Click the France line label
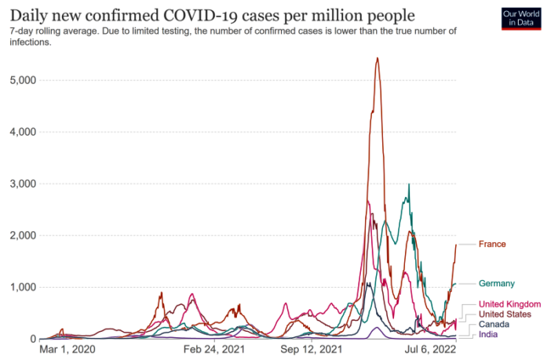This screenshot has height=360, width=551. point(492,244)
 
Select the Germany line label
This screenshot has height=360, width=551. point(497,283)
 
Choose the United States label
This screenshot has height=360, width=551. point(505,315)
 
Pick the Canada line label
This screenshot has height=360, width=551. point(494,324)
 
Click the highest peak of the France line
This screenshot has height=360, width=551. point(378,58)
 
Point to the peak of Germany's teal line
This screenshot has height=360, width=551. point(408,185)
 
